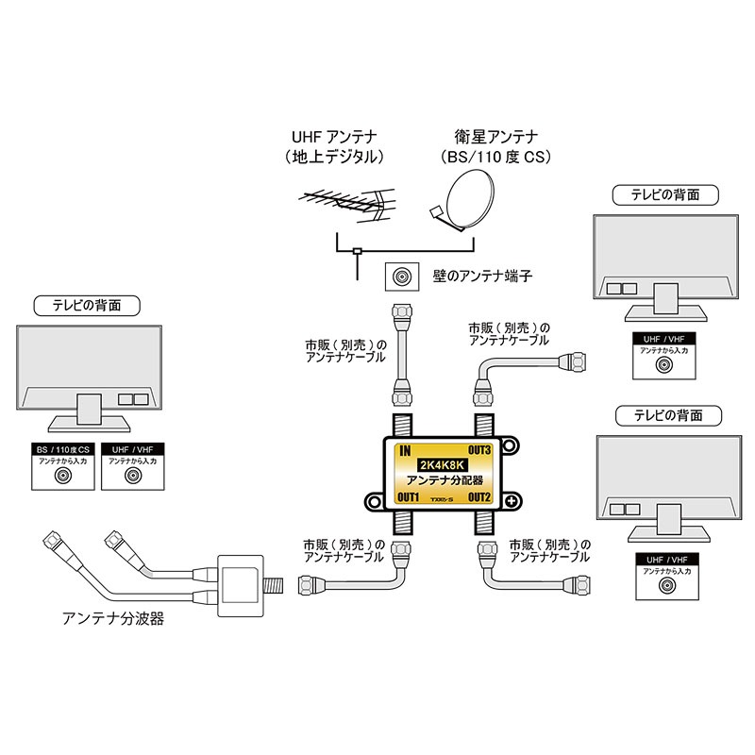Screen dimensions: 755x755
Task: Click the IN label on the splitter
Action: [x=404, y=451]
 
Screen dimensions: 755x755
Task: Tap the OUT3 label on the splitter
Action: [x=478, y=451]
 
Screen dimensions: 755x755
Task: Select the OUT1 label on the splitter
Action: [x=409, y=496]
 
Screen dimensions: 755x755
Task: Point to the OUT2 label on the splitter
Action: [x=478, y=496]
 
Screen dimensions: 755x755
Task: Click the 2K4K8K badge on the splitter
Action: [x=442, y=464]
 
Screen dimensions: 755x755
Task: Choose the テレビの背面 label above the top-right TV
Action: [x=664, y=195]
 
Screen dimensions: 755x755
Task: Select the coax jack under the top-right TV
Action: [x=664, y=364]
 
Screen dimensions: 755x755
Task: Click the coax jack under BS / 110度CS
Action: [x=63, y=477]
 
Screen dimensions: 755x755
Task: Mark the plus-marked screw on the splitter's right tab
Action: [x=510, y=500]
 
